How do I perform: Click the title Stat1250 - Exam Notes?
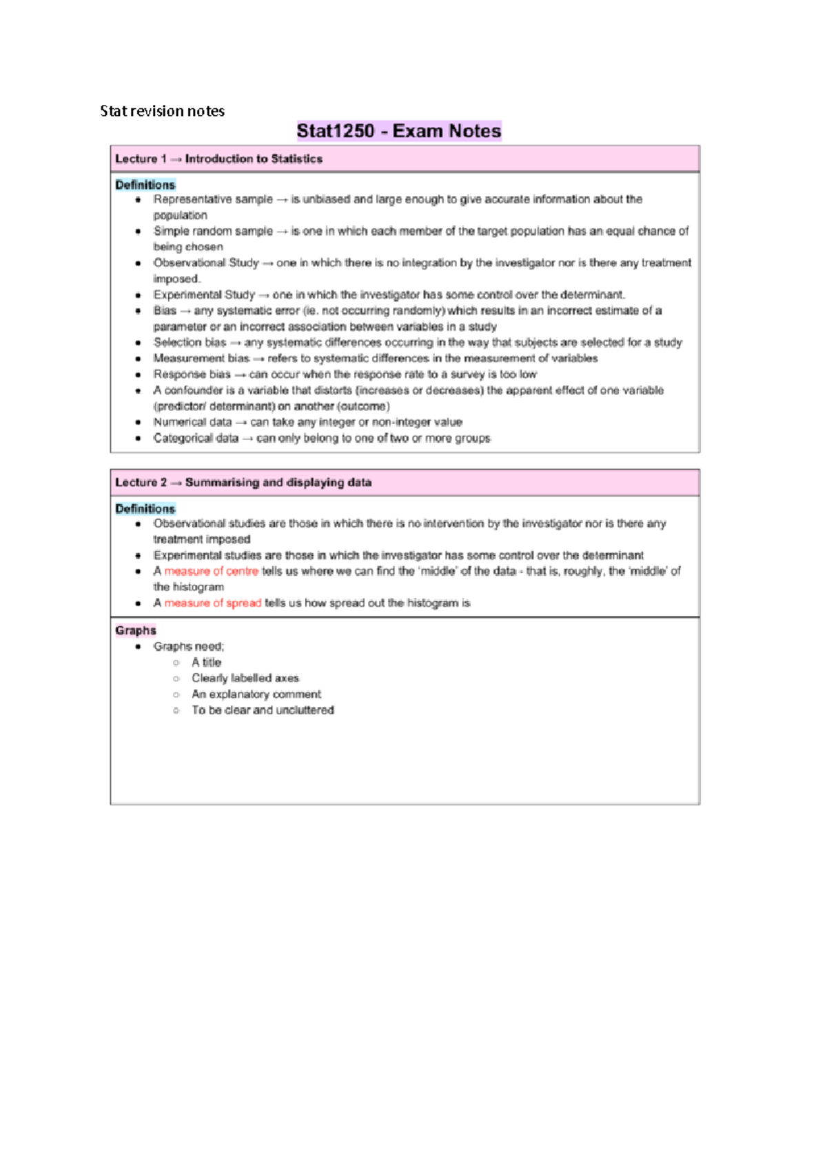click(x=398, y=131)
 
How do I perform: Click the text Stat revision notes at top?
click(x=162, y=111)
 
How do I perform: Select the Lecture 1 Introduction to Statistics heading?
click(x=218, y=159)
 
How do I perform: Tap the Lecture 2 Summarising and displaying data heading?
click(x=243, y=482)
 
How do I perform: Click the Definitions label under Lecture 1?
click(x=145, y=185)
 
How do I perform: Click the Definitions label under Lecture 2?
click(x=145, y=508)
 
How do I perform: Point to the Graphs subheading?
click(x=136, y=630)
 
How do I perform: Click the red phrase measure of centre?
click(x=211, y=571)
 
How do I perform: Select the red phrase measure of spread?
click(x=212, y=603)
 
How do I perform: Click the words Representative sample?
click(x=213, y=199)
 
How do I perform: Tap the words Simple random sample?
click(x=213, y=231)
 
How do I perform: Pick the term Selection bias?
click(x=190, y=342)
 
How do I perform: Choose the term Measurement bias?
click(x=201, y=358)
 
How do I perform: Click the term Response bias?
click(x=192, y=374)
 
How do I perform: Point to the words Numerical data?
click(x=192, y=422)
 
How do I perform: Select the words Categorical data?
click(x=196, y=438)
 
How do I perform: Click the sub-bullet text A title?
click(x=206, y=662)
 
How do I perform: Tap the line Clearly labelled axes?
click(x=245, y=678)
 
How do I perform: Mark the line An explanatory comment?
click(x=256, y=694)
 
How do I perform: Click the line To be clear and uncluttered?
click(x=263, y=710)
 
